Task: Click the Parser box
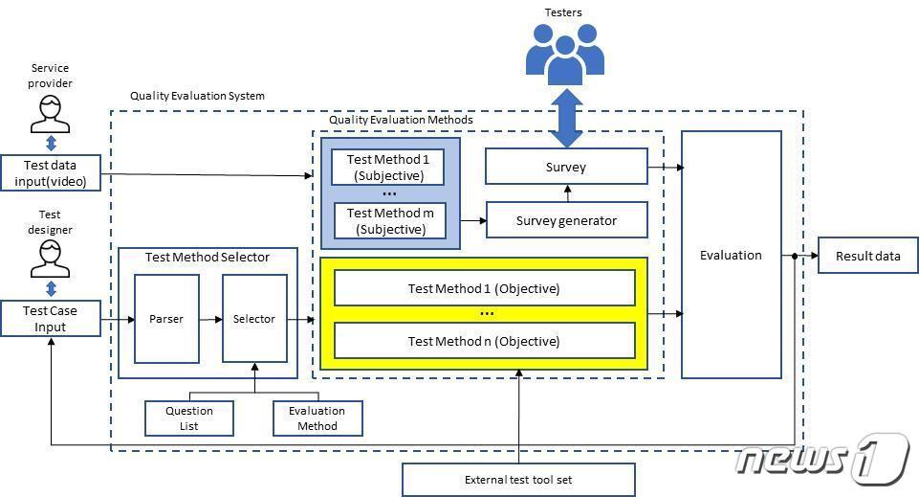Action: [x=166, y=319]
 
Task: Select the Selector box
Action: [x=254, y=319]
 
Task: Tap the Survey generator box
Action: [x=566, y=220]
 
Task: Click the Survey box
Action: [x=566, y=167]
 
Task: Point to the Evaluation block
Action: [x=731, y=255]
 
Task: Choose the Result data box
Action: [x=867, y=256]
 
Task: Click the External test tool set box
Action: [x=518, y=480]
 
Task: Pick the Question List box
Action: [x=189, y=418]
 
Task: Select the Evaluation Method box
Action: [x=317, y=418]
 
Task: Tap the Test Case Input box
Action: [x=51, y=319]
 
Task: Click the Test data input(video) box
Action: [x=51, y=172]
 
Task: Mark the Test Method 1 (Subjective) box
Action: [x=388, y=167]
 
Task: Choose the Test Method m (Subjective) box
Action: [x=388, y=220]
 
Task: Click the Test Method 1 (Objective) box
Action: [x=484, y=288]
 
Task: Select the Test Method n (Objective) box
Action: [x=484, y=341]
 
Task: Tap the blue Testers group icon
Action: [x=565, y=49]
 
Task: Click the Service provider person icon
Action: [x=51, y=114]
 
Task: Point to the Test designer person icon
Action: [x=51, y=259]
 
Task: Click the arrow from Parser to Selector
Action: [x=210, y=319]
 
